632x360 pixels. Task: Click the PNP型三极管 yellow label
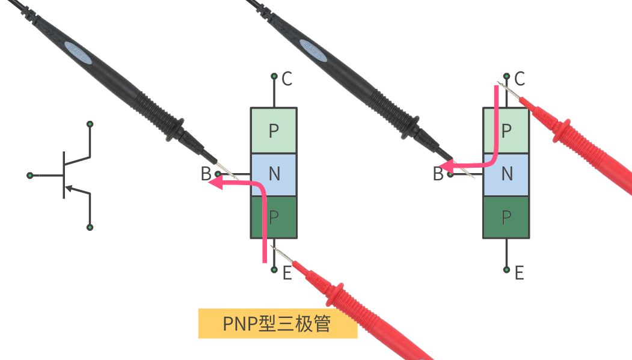click(277, 324)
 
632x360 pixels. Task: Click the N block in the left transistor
click(274, 174)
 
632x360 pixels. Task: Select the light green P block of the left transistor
click(274, 130)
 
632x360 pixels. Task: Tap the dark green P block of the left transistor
click(274, 216)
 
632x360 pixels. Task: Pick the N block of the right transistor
click(506, 174)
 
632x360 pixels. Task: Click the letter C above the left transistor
click(287, 78)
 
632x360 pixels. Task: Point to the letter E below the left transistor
click(287, 273)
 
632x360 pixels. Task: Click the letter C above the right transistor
click(520, 78)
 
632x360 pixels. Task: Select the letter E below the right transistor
click(519, 273)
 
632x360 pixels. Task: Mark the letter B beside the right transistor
click(438, 175)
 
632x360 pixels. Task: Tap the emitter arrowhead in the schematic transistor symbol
click(69, 189)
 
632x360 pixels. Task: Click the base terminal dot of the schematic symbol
click(29, 175)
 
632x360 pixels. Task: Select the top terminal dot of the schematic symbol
click(90, 124)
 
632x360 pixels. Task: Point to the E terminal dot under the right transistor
click(507, 270)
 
